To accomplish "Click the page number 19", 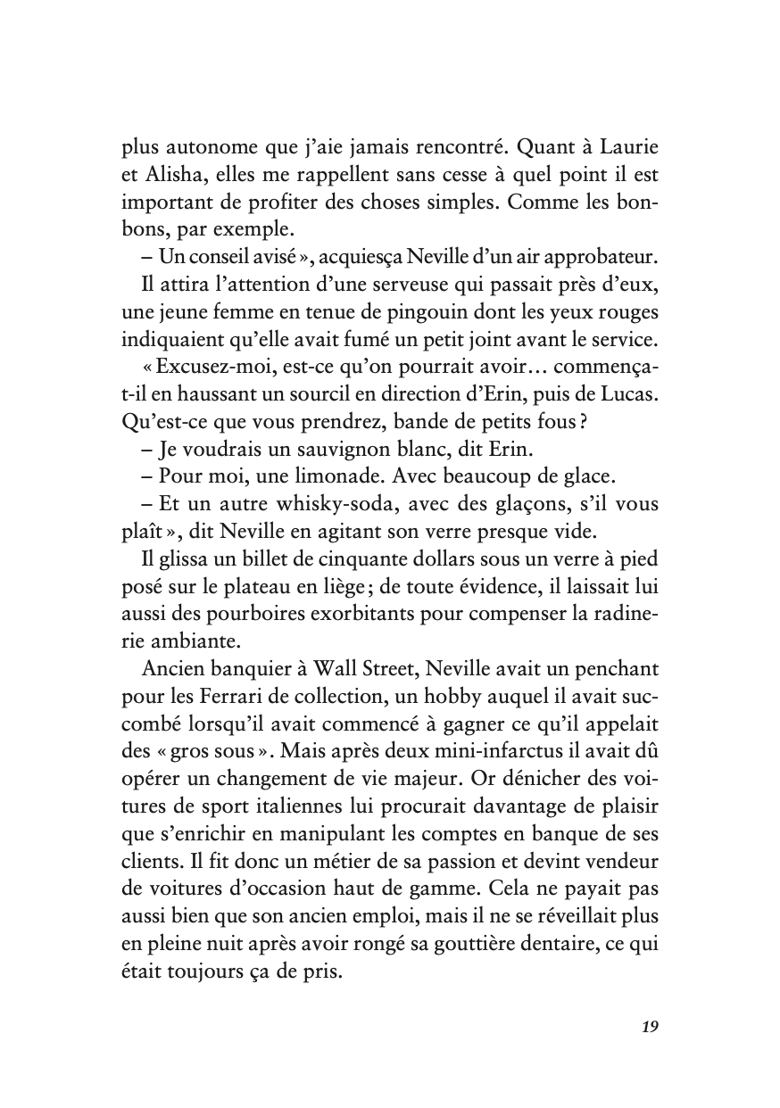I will coord(650,1026).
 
